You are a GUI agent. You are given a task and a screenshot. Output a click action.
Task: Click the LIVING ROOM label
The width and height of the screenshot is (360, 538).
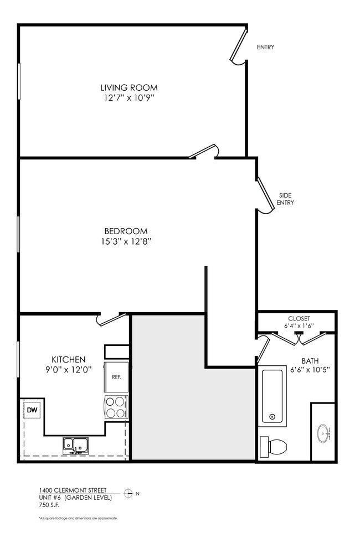pos(128,87)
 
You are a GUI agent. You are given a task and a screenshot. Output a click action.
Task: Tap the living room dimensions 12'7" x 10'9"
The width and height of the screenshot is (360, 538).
pos(128,98)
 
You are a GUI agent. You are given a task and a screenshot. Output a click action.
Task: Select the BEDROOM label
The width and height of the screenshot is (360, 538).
pos(126,231)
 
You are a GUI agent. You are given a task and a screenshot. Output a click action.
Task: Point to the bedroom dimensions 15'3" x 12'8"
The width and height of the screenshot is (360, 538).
pos(126,241)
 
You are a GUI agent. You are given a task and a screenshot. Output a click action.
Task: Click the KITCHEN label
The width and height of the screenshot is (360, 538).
pos(68,359)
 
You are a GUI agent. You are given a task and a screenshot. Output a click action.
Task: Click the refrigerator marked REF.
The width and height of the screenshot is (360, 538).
pos(116,377)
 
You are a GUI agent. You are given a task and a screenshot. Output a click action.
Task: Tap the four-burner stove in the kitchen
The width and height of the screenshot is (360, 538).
pos(116,408)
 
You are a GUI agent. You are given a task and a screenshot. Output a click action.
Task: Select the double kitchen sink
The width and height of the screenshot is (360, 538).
pos(76,444)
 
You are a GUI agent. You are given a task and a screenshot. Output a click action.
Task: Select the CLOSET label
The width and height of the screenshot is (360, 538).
pos(299,318)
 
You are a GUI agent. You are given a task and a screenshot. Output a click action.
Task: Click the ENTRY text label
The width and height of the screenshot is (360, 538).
pos(265,47)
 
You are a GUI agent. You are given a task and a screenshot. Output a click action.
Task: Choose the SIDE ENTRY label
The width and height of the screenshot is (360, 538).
pos(285,199)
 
